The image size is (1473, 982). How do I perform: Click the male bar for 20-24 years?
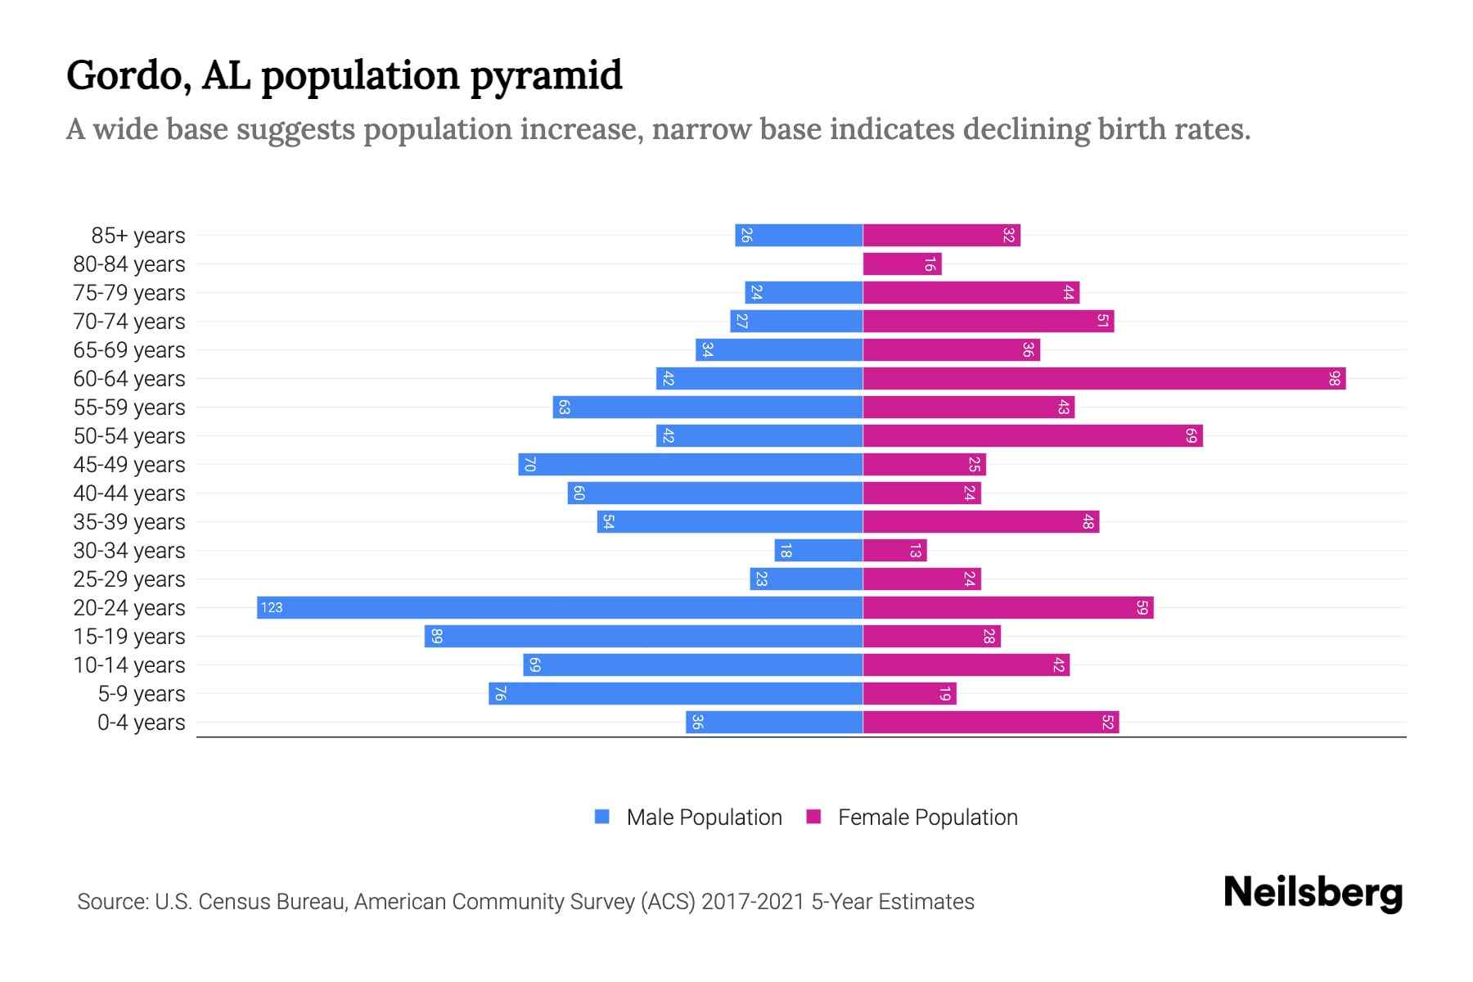pyautogui.click(x=560, y=607)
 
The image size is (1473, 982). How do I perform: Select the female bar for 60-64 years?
pyautogui.click(x=1104, y=378)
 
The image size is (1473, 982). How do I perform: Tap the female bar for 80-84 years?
pyautogui.click(x=902, y=264)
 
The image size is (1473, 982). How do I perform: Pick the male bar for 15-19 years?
pyautogui.click(x=643, y=636)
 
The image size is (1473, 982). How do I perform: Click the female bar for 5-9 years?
pyautogui.click(x=909, y=693)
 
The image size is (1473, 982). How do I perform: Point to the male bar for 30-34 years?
pyautogui.click(x=818, y=550)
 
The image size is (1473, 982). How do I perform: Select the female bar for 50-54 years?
pyautogui.click(x=1033, y=435)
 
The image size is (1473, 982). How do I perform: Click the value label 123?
pyautogui.click(x=272, y=607)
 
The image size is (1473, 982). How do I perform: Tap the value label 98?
pyautogui.click(x=1334, y=378)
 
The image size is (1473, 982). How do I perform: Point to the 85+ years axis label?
pyautogui.click(x=137, y=236)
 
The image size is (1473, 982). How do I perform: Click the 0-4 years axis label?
pyautogui.click(x=141, y=723)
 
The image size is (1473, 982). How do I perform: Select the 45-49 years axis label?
pyautogui.click(x=129, y=465)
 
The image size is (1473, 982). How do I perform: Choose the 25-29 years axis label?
pyautogui.click(x=129, y=579)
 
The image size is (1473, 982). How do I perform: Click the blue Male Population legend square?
pyautogui.click(x=602, y=817)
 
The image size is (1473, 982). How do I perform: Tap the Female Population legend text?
pyautogui.click(x=927, y=817)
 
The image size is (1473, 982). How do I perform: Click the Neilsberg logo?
pyautogui.click(x=1313, y=893)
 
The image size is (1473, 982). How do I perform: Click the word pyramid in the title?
pyautogui.click(x=546, y=76)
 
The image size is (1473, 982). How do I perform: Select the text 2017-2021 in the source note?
pyautogui.click(x=753, y=902)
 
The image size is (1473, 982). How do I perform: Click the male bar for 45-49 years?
pyautogui.click(x=691, y=464)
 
